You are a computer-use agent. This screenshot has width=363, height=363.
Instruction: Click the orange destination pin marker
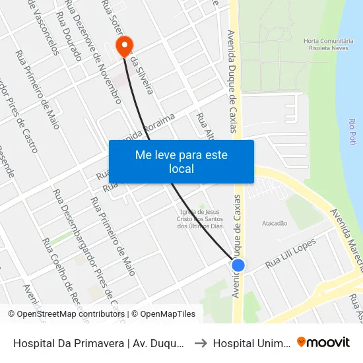123,46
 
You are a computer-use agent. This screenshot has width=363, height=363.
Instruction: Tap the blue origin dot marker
238,265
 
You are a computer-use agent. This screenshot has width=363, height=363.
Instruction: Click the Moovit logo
323,342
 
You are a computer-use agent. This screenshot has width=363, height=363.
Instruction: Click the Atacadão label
275,223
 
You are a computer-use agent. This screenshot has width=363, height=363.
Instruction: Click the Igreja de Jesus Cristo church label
202,218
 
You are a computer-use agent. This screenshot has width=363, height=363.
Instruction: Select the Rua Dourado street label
69,36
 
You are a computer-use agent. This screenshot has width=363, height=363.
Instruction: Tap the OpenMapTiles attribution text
164,314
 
